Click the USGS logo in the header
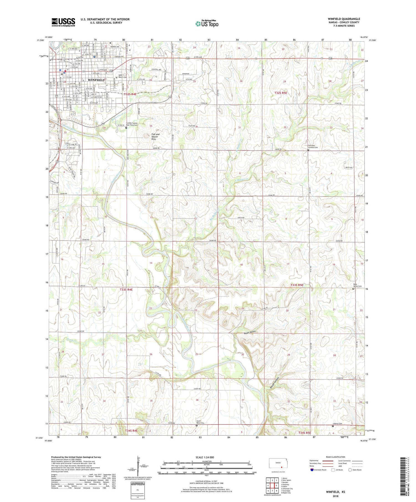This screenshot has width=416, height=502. (x=63, y=22)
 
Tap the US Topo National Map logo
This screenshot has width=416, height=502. (x=207, y=24)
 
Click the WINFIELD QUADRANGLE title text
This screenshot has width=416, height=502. (x=344, y=19)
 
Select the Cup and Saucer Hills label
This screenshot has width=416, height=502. (x=155, y=137)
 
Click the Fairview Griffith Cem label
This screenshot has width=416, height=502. (x=313, y=146)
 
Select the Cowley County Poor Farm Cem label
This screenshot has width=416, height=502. (x=132, y=124)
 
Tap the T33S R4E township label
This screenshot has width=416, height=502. (x=126, y=290)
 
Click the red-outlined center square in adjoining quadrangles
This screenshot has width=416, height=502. (x=276, y=486)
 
